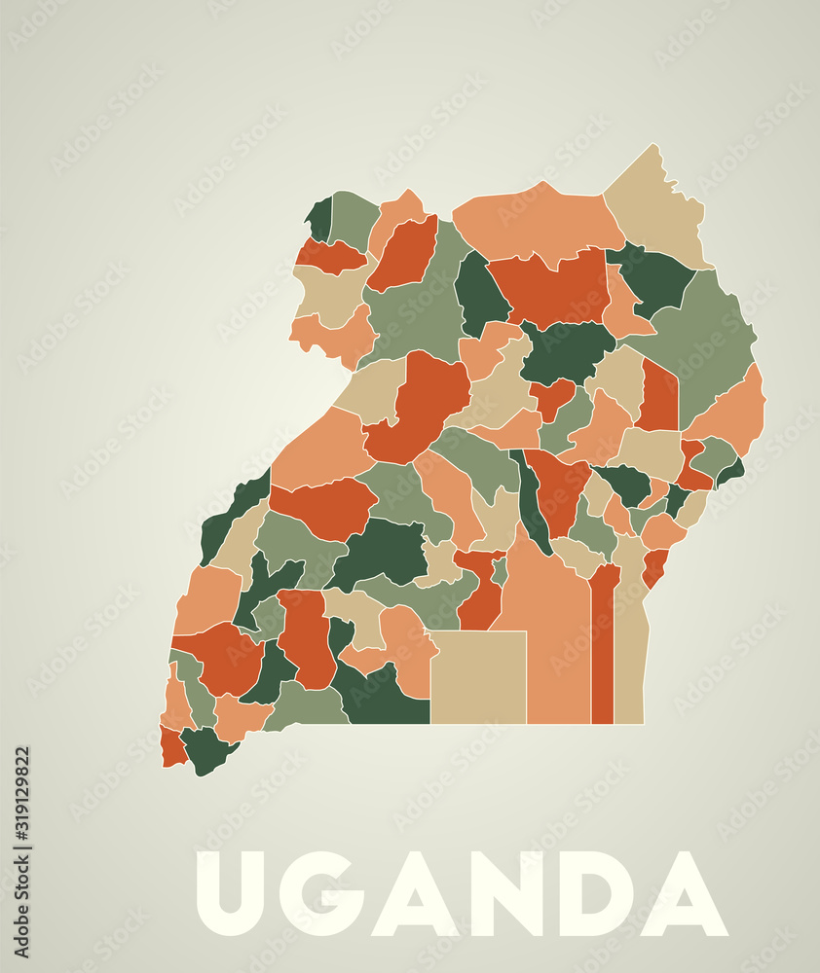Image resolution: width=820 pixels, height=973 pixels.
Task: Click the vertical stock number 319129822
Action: click(x=21, y=813)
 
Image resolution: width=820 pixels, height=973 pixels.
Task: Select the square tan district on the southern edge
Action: click(x=478, y=677)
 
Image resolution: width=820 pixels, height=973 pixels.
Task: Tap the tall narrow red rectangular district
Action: click(x=603, y=652)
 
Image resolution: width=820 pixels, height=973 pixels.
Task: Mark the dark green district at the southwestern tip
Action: click(x=206, y=749)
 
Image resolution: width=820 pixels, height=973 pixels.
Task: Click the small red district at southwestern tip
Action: click(x=172, y=747)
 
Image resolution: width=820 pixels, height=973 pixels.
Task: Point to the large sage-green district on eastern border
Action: click(x=706, y=341)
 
